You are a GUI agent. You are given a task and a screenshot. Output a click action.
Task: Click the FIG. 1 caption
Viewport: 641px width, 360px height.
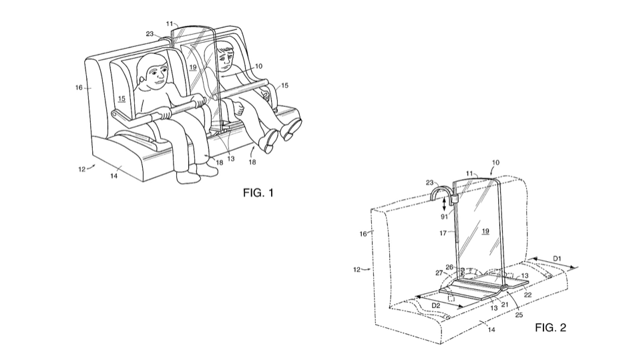tap(258, 192)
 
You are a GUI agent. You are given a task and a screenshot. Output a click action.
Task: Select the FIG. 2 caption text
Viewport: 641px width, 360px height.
tap(551, 327)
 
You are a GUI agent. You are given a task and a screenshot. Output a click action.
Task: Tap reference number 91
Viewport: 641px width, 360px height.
tap(445, 217)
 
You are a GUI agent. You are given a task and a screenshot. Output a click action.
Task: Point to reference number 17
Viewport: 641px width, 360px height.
tap(443, 233)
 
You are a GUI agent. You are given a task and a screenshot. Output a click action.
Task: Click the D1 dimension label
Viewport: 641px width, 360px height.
tap(557, 258)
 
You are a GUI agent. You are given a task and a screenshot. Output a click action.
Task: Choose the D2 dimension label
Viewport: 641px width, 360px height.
tap(436, 305)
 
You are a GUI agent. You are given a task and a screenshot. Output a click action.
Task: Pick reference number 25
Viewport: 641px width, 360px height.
tap(519, 315)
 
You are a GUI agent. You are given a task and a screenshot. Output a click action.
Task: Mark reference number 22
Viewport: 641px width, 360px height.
tap(527, 295)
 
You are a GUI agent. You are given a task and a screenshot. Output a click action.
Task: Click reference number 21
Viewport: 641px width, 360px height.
tap(505, 305)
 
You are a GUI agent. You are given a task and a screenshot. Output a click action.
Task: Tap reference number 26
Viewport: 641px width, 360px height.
tap(449, 267)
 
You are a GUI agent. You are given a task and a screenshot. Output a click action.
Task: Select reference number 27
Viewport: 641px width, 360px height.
tap(439, 273)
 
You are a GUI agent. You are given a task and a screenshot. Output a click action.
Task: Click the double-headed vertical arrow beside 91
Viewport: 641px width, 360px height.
tap(445, 204)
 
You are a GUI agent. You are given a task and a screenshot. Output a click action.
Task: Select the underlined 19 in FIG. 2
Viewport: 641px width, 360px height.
tap(485, 232)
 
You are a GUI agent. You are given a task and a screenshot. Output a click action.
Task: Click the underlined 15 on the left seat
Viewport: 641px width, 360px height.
tap(121, 99)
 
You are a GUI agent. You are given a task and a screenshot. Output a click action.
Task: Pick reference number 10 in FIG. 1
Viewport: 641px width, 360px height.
tap(258, 66)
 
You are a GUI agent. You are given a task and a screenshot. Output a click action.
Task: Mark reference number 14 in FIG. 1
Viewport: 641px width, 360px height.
tap(114, 176)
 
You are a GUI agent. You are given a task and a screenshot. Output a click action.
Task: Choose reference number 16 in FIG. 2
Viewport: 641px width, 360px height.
tap(363, 234)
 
